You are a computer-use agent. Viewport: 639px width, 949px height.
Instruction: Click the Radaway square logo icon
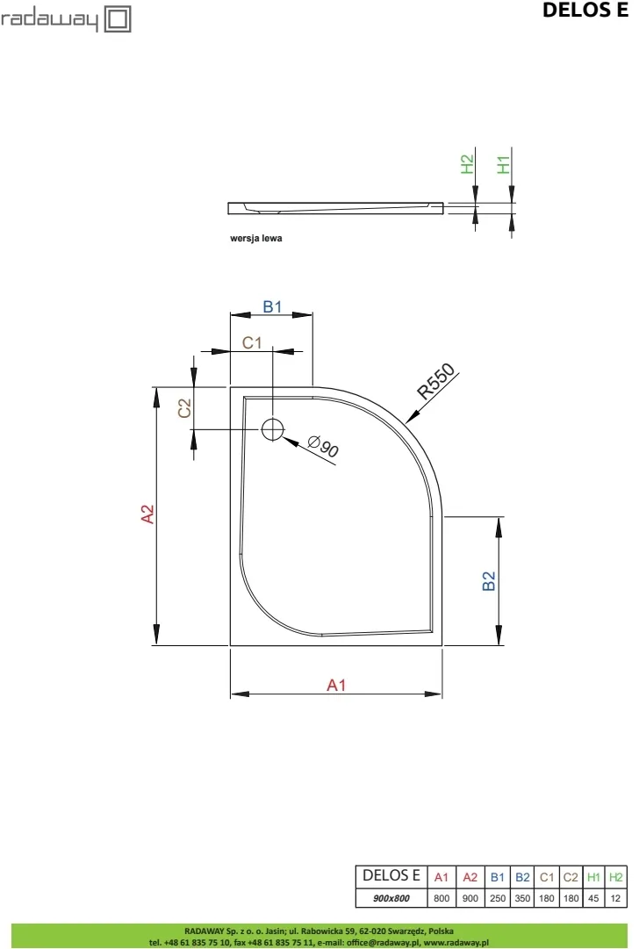pyautogui.click(x=118, y=18)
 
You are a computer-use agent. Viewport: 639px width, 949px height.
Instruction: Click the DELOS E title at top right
pyautogui.click(x=585, y=10)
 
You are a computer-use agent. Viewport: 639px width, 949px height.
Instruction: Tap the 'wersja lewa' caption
pyautogui.click(x=256, y=239)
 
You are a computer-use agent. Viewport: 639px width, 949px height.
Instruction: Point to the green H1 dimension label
pyautogui.click(x=504, y=165)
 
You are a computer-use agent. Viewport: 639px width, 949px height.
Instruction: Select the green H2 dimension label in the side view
pyautogui.click(x=467, y=165)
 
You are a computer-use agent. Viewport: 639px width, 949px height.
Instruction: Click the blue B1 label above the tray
pyautogui.click(x=272, y=307)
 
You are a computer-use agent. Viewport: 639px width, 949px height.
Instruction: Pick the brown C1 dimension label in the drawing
pyautogui.click(x=252, y=342)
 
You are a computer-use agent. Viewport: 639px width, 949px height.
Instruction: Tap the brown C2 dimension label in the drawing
pyautogui.click(x=184, y=408)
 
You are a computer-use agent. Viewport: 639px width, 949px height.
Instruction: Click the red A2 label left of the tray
pyautogui.click(x=147, y=514)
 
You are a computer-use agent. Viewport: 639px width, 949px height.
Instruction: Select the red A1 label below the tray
pyautogui.click(x=336, y=685)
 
